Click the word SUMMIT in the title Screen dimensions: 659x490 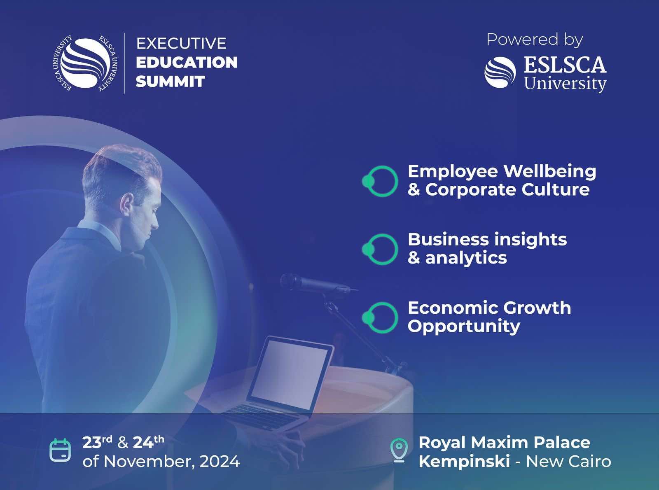click(170, 81)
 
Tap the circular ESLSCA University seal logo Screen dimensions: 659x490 click(85, 63)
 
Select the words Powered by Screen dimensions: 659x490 click(535, 40)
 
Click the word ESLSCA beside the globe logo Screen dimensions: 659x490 click(565, 65)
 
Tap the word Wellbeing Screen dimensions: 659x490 click(550, 172)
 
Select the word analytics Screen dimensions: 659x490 click(466, 258)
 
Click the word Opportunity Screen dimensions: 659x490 click(464, 327)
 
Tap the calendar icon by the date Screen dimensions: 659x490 click(60, 450)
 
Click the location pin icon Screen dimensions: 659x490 click(399, 450)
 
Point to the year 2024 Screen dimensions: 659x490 click(220, 462)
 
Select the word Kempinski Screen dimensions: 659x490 click(464, 462)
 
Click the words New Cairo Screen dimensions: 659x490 click(568, 462)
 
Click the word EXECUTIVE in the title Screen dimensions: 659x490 click(181, 43)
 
